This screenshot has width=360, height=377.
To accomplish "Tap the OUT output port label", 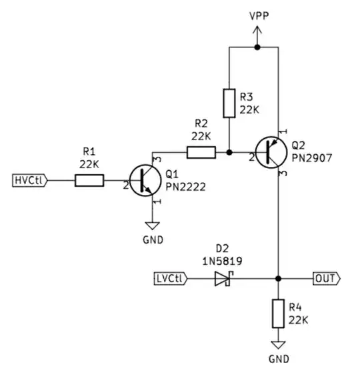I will (326, 278).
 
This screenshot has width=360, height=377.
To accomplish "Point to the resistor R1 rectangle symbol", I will (89, 179).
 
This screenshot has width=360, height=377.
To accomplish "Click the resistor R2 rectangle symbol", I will (201, 153).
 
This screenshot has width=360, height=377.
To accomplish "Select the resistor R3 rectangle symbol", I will (229, 103).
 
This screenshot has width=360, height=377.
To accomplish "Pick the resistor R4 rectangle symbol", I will (278, 314).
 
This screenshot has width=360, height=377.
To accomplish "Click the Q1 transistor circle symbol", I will (145, 179).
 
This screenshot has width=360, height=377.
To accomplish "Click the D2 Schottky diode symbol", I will (223, 278).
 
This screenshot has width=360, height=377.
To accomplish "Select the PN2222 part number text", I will (186, 187).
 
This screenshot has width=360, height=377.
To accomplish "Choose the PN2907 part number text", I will (311, 158).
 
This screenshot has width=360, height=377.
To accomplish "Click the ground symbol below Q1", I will (154, 224).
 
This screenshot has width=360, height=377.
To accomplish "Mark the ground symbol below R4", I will (278, 345).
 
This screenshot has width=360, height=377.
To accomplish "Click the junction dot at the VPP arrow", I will (257, 47).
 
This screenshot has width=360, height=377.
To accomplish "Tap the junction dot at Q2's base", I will (229, 153).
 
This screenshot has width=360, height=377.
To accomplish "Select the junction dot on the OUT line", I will (278, 278).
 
